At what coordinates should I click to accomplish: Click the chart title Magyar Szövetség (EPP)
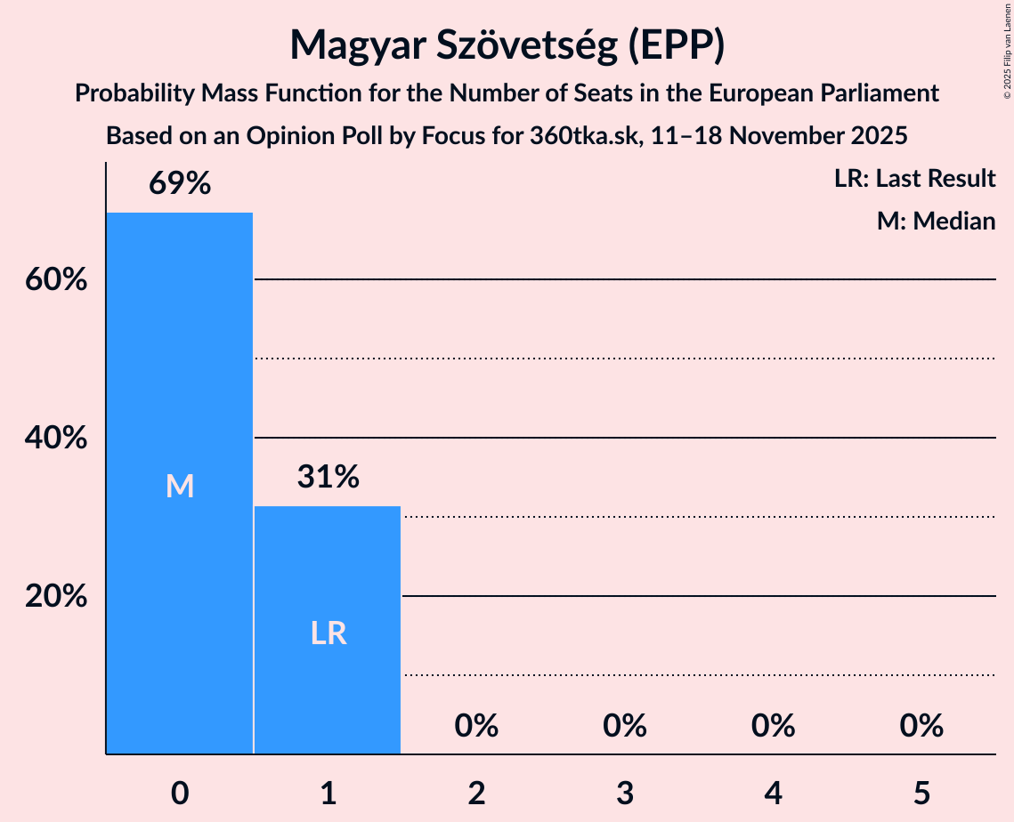(x=507, y=44)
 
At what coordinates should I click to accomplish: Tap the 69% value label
(x=180, y=184)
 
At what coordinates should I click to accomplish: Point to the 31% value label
(x=328, y=478)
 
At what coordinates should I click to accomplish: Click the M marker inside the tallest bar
(x=180, y=486)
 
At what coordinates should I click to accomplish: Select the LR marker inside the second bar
(x=328, y=633)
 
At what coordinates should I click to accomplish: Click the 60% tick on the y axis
(x=56, y=280)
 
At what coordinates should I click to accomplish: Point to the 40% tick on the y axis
(x=56, y=439)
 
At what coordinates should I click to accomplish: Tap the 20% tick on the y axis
(x=56, y=597)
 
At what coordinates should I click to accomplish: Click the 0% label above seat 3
(x=624, y=727)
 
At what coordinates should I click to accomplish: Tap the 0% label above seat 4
(x=773, y=727)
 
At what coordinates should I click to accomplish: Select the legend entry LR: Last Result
(x=914, y=179)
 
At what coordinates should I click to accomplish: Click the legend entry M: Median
(x=936, y=221)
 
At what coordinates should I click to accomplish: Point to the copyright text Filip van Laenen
(x=1007, y=49)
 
